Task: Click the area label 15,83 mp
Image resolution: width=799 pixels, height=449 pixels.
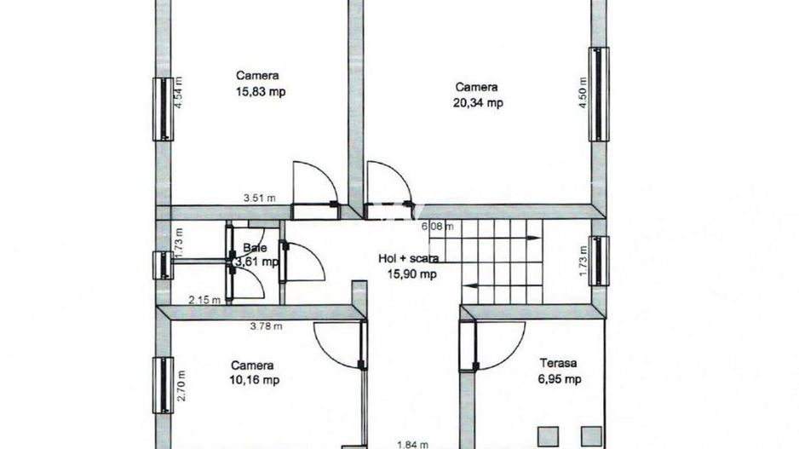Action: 260,92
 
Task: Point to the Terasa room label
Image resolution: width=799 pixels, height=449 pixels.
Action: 560,362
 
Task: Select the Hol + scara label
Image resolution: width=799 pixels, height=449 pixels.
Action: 410,258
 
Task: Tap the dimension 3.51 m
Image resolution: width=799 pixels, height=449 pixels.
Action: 259,198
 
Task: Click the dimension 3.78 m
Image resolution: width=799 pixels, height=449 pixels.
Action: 267,325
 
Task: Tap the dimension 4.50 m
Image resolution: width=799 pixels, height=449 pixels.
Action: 583,90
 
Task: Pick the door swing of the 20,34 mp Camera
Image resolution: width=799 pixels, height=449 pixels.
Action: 387,182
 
